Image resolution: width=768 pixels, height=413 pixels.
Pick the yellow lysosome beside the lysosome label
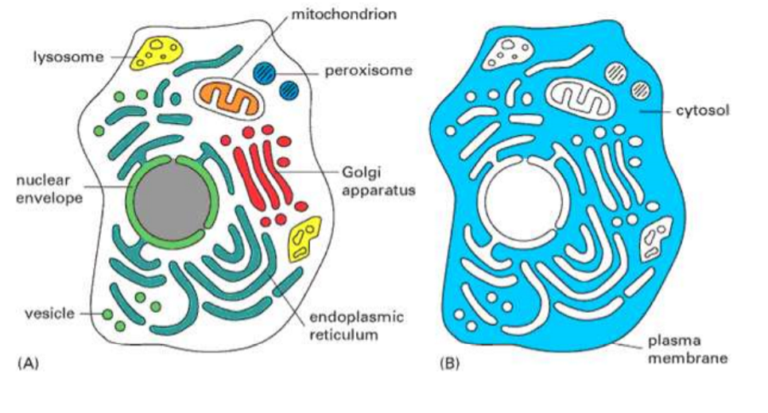(158, 52)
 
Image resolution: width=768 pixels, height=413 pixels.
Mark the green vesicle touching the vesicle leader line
(107, 314)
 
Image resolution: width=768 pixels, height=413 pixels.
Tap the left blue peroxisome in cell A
(263, 73)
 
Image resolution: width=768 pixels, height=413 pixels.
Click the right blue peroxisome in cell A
(289, 88)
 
